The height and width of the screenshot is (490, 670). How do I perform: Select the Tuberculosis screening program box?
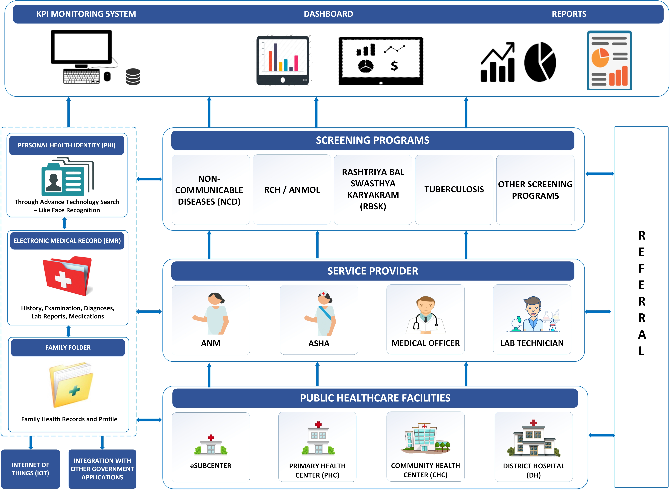[454, 190]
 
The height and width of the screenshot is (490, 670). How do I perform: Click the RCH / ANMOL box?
[292, 190]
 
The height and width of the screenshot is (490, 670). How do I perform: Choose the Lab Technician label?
[532, 343]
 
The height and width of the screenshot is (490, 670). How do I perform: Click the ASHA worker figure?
[320, 313]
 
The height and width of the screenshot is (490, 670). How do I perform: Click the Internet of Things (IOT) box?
[30, 469]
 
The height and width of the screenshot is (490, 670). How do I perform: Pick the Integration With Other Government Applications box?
[102, 469]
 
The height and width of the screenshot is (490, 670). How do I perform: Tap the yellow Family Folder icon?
[71, 385]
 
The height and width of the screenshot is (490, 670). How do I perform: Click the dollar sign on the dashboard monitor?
[394, 66]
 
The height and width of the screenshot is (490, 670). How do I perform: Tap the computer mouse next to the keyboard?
[107, 76]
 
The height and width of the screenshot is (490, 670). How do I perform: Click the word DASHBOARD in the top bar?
[328, 14]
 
